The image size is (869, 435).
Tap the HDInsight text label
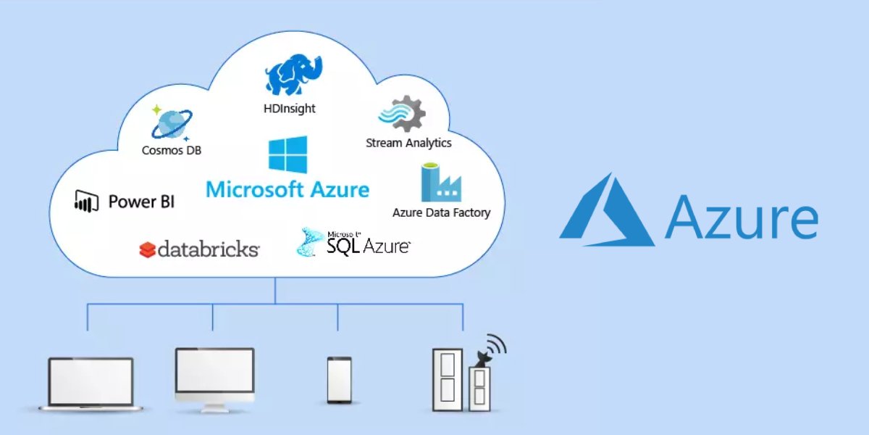290,109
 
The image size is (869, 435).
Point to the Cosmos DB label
172,151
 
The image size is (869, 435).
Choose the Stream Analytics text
408,143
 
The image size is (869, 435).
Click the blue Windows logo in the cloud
287,155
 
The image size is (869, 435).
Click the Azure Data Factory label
441,213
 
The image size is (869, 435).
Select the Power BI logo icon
86,201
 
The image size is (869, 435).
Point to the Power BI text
141,202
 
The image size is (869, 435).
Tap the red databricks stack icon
147,250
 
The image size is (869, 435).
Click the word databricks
208,250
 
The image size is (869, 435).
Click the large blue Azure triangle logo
607,210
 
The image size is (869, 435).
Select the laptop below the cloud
91,383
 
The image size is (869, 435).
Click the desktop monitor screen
214,370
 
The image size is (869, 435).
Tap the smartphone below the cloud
339,380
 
